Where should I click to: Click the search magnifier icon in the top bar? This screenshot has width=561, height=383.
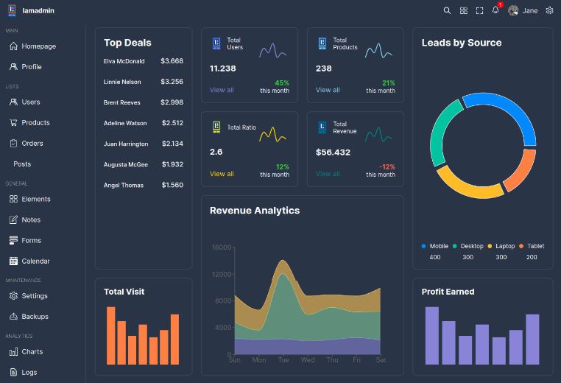(x=447, y=11)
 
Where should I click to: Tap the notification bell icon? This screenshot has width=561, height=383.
(x=495, y=10)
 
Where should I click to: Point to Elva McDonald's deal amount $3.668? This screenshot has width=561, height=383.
(x=172, y=61)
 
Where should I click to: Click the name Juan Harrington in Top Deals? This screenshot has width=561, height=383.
(x=126, y=144)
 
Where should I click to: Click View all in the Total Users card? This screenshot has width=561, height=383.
(x=222, y=90)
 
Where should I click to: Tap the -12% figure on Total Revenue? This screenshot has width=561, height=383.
(x=387, y=166)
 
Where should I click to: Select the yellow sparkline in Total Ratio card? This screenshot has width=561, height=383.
(x=272, y=135)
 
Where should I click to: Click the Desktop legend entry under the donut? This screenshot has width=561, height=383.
(x=468, y=246)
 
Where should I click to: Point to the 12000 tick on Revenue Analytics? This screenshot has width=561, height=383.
(x=222, y=274)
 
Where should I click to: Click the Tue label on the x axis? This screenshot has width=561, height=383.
(x=283, y=359)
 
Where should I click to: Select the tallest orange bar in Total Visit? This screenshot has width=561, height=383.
(x=111, y=335)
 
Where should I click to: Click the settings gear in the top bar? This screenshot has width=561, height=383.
(x=549, y=10)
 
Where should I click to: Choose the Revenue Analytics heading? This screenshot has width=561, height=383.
(x=255, y=211)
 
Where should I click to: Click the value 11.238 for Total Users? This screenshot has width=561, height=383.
(x=222, y=68)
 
